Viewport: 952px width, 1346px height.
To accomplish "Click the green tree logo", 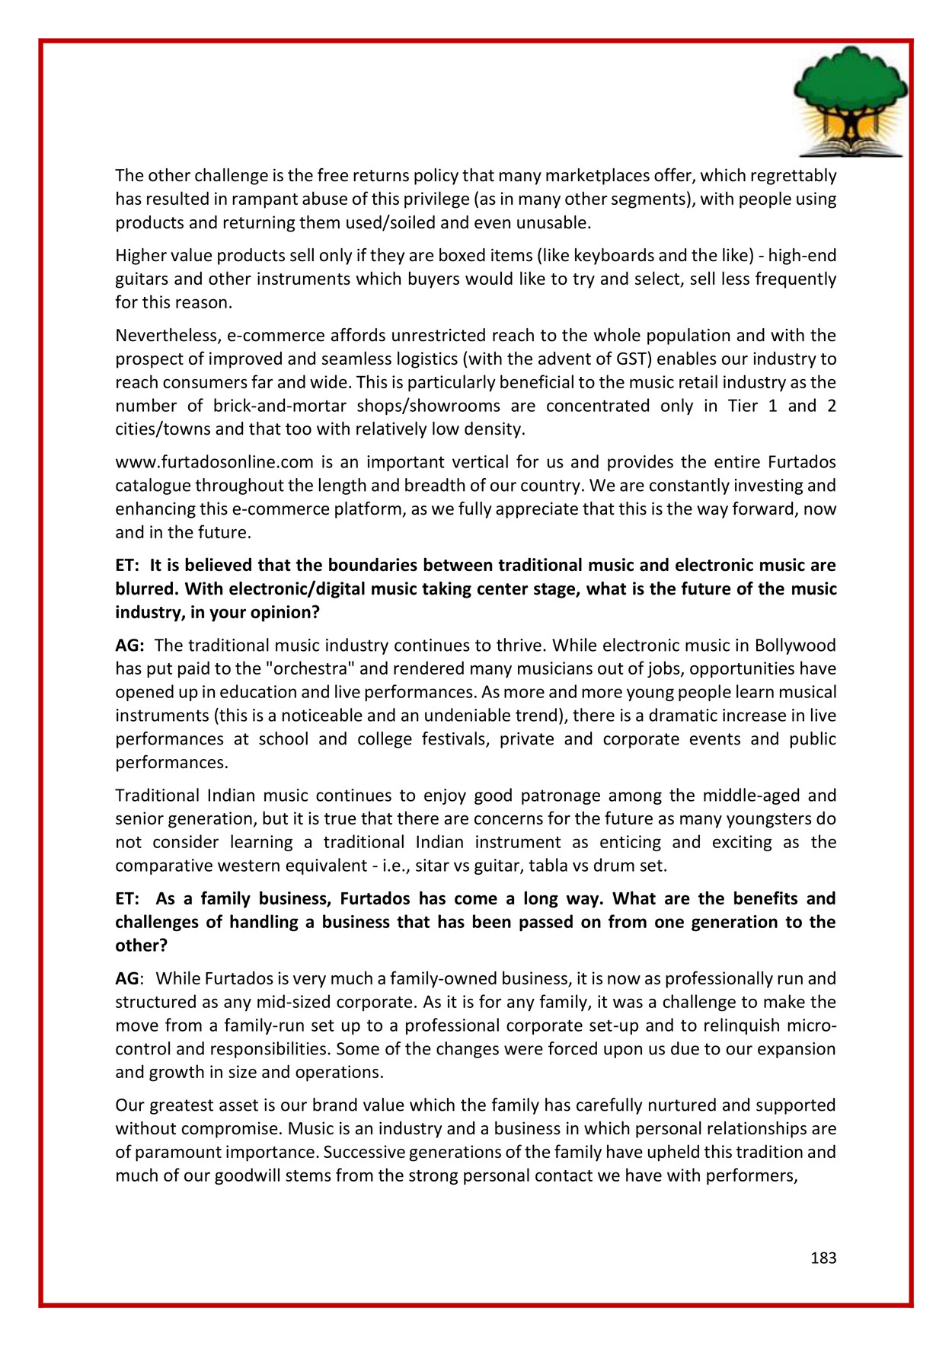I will [850, 88].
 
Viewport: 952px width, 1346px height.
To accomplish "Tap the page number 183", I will [823, 1258].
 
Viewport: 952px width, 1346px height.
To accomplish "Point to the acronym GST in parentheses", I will [622, 359].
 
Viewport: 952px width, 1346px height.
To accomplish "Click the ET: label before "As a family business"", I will [127, 899].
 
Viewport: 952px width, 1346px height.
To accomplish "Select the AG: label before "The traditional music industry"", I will [129, 646].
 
